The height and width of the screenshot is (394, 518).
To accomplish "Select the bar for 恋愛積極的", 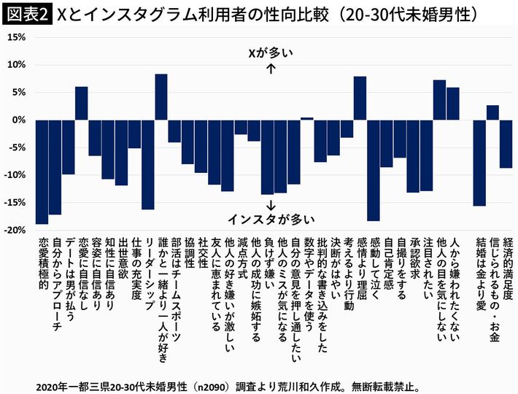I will (x=42, y=171).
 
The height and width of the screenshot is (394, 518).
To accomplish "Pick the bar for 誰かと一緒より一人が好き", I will (x=161, y=97).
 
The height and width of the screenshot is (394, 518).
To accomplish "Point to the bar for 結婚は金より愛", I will (x=479, y=163).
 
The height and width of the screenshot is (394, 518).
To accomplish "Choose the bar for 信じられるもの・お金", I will (x=492, y=112).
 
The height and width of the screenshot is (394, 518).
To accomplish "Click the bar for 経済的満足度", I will (x=506, y=144).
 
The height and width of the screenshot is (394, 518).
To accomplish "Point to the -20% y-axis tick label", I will (x=15, y=230).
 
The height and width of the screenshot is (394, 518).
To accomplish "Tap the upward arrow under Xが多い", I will (x=271, y=69).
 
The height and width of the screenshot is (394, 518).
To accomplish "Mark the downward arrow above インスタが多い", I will (x=271, y=202).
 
